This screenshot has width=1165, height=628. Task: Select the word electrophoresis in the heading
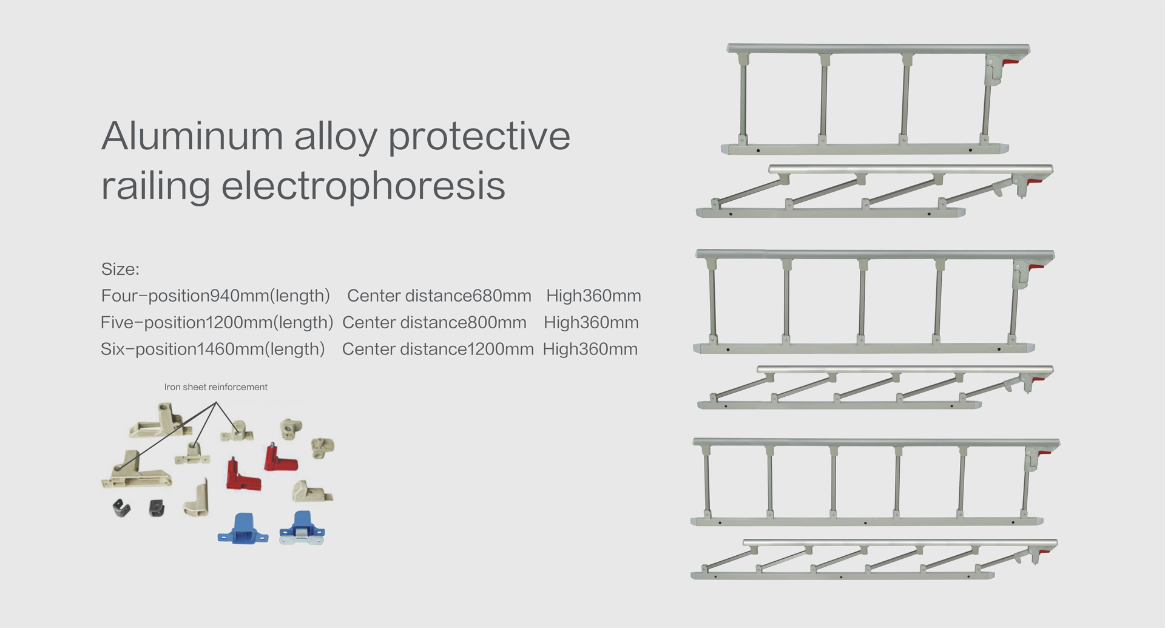[363, 186]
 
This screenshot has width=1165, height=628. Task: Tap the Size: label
[120, 269]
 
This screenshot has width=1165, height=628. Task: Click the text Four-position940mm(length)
[215, 296]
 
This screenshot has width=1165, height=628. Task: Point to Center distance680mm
[439, 295]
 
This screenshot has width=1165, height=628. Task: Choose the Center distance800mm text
[434, 322]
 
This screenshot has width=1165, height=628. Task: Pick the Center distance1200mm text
[437, 349]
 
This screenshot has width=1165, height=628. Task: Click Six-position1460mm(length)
[213, 349]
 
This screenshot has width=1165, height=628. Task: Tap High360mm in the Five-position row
[591, 322]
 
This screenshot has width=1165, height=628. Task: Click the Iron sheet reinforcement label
[215, 387]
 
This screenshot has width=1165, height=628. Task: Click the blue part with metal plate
[302, 528]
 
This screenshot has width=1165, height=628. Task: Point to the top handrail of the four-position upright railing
[878, 49]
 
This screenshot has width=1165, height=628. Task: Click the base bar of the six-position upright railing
[866, 521]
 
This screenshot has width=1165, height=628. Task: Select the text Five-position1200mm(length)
[217, 323]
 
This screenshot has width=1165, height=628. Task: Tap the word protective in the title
[479, 137]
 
